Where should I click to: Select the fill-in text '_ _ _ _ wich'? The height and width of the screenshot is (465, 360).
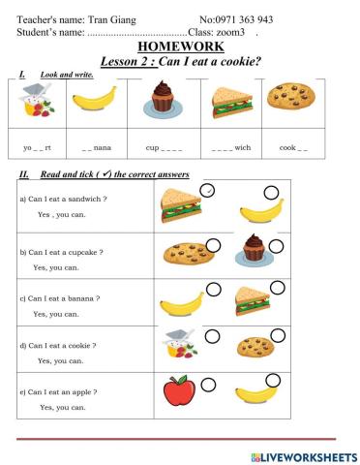pyautogui.click(x=230, y=148)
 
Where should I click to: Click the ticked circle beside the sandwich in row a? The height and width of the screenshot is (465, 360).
pyautogui.click(x=210, y=192)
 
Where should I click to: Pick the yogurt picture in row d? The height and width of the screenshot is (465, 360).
pyautogui.click(x=178, y=347)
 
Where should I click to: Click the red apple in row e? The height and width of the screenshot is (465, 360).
pyautogui.click(x=177, y=391)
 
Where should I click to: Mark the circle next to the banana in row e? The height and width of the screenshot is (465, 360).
pyautogui.click(x=272, y=380)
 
